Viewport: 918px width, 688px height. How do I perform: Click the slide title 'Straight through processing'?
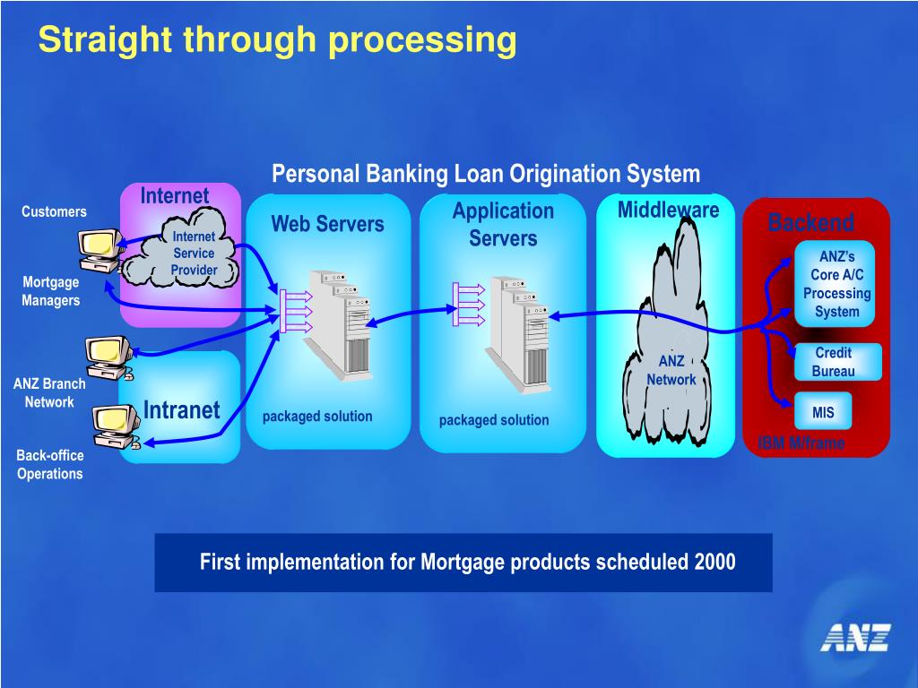[x=277, y=39]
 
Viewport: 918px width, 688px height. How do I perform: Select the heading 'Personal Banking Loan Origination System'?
[x=485, y=173]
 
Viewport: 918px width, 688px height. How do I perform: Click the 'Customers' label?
[x=54, y=211]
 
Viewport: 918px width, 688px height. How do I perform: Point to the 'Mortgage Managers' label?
[x=50, y=291]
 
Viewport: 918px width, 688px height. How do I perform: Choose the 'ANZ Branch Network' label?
[x=49, y=392]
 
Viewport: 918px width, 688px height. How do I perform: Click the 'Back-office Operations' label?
[x=49, y=464]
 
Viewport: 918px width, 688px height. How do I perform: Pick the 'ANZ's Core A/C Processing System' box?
[x=836, y=284]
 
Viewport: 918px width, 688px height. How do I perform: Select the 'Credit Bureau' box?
[x=833, y=362]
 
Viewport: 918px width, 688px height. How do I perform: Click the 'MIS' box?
[x=822, y=412]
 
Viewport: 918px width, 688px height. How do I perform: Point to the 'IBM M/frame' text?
[x=801, y=443]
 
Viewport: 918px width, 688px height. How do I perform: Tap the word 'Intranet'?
[x=181, y=410]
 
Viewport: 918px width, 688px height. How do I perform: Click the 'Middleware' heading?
[x=668, y=211]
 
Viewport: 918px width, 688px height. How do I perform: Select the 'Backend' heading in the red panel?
[x=810, y=223]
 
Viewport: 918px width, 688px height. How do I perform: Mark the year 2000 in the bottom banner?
[x=714, y=563]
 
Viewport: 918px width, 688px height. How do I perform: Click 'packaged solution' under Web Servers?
[x=317, y=417]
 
